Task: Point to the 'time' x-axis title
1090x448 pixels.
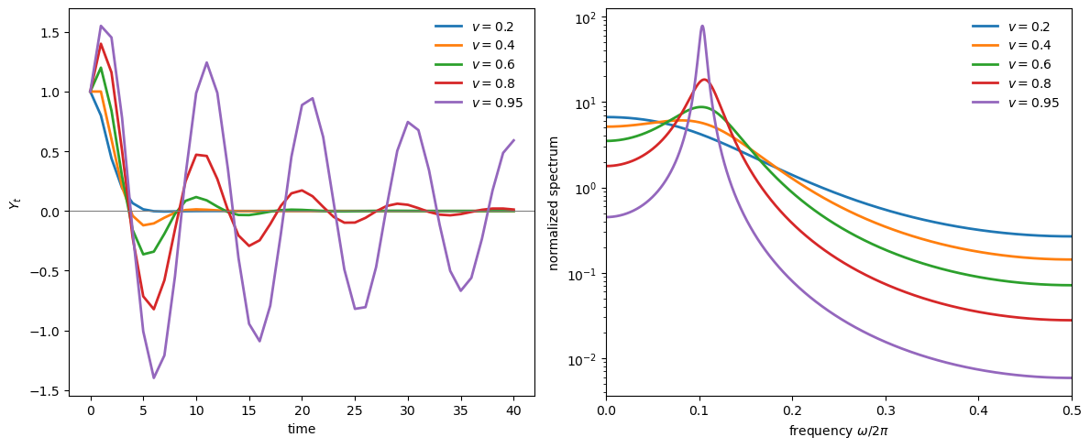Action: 302,429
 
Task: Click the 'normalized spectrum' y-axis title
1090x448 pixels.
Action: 554,202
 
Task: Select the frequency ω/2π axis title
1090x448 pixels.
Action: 839,429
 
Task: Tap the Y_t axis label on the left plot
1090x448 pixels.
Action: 14,202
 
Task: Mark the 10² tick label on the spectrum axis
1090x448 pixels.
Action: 586,18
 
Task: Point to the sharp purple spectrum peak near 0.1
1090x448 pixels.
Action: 702,27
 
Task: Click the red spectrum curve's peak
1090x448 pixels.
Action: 703,80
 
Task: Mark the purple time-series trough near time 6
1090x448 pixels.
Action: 153,377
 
